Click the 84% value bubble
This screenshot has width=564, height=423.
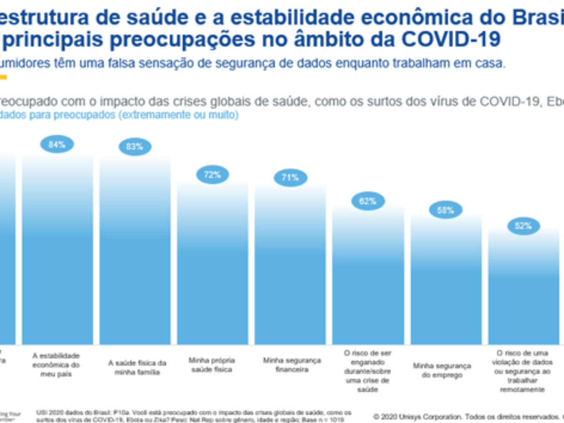pyautogui.click(x=57, y=145)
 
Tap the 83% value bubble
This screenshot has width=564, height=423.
pyautogui.click(x=134, y=147)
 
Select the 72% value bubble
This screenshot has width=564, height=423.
pyautogui.click(x=212, y=175)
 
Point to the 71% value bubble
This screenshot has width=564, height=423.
pyautogui.click(x=290, y=178)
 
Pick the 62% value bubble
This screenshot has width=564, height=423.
pyautogui.click(x=368, y=201)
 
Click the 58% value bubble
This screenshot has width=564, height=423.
pyautogui.click(x=445, y=210)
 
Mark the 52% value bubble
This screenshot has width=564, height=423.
pyautogui.click(x=523, y=226)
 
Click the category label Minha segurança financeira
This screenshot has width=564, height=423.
pyautogui.click(x=291, y=365)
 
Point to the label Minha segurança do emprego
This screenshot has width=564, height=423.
pyautogui.click(x=442, y=370)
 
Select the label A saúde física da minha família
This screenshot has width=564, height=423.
pyautogui.click(x=137, y=368)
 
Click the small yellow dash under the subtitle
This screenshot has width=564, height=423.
pyautogui.click(x=3, y=77)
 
